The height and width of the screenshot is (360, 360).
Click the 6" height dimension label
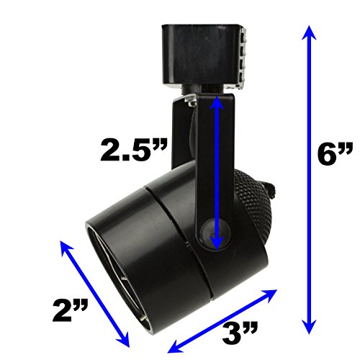(x=335, y=153)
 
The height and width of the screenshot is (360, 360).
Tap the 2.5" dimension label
(x=133, y=149)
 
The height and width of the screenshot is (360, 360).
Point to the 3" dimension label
(x=240, y=333)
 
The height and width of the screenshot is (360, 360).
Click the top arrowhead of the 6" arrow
(x=309, y=32)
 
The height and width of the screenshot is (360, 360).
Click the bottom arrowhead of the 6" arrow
(x=309, y=327)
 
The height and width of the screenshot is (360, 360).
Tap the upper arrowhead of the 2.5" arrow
(x=217, y=103)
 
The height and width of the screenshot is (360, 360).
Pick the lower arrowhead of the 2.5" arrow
(x=217, y=243)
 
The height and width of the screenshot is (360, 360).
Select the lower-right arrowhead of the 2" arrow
(x=124, y=341)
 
